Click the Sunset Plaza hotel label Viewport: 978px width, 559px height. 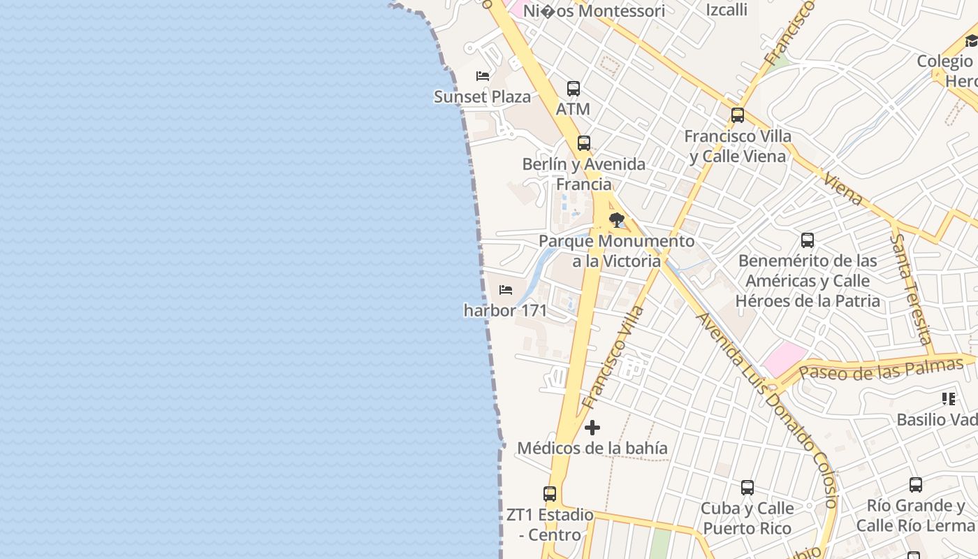click(x=482, y=96)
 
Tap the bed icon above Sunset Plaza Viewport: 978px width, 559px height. click(x=482, y=75)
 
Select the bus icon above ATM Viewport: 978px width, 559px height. click(x=574, y=89)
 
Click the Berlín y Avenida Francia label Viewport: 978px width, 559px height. click(x=584, y=174)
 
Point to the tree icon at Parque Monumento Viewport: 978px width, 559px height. click(x=616, y=221)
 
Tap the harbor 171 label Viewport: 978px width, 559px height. click(x=505, y=310)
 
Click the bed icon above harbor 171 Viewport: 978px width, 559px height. click(x=506, y=290)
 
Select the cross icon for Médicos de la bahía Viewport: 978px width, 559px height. click(x=592, y=428)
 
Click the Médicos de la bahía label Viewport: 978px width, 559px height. click(x=592, y=448)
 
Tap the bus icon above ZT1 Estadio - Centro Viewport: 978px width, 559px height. click(x=550, y=494)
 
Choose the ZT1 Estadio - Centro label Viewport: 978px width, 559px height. click(x=550, y=525)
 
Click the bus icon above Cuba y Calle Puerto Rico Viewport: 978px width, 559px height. click(x=747, y=488)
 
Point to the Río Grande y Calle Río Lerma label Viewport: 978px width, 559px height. click(x=914, y=515)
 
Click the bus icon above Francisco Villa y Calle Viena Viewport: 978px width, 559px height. click(x=738, y=115)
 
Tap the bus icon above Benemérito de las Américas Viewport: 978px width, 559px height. click(x=808, y=240)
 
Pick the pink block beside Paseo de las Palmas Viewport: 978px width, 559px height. click(x=784, y=358)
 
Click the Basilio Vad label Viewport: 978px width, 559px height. click(x=936, y=419)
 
